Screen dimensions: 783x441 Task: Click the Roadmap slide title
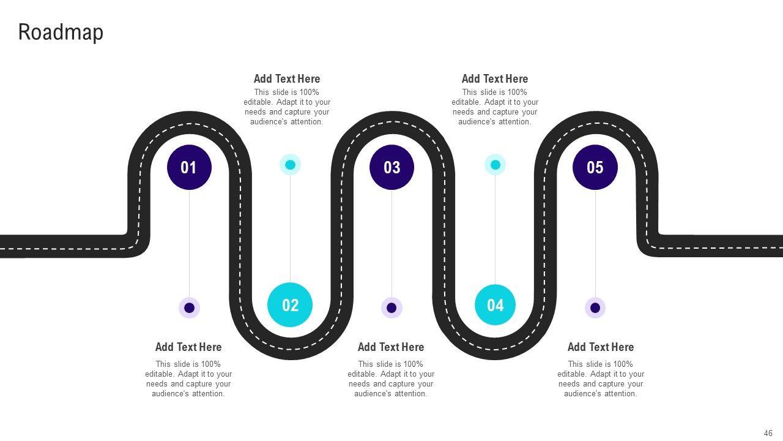61,32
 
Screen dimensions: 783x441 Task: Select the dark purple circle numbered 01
189,167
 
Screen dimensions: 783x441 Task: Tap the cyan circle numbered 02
290,304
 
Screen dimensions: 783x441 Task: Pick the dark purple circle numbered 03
391,167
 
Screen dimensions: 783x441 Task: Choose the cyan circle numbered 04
495,304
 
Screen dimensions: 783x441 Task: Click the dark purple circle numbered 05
595,167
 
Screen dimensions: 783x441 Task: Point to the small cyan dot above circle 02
290,164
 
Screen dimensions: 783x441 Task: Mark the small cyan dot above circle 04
495,164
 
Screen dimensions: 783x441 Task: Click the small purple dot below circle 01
189,307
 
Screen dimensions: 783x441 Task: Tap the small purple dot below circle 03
391,307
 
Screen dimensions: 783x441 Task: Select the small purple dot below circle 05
595,307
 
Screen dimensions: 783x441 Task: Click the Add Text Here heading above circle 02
287,78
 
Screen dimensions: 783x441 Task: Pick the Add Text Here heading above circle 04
494,78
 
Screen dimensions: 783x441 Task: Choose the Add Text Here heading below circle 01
188,347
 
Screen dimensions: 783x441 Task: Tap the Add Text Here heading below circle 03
391,347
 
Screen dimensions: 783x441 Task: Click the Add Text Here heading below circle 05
601,347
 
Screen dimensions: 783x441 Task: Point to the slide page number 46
768,433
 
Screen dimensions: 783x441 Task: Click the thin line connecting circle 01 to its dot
189,245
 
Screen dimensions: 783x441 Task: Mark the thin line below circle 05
595,245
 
